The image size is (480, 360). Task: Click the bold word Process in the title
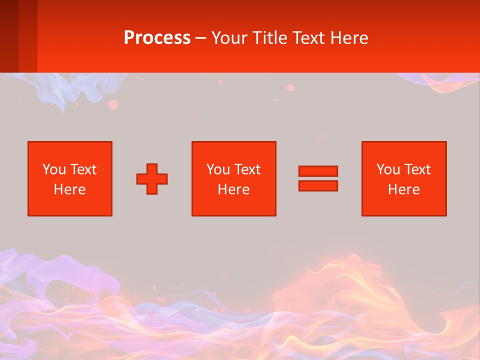point(157,38)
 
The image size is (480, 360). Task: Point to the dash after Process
point(200,38)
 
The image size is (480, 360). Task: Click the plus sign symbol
point(152,179)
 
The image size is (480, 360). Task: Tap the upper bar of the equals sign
point(318,171)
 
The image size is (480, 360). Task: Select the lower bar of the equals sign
point(318,185)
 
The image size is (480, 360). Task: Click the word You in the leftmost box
point(54,169)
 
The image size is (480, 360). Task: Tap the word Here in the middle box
point(234,189)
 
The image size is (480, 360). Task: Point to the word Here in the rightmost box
point(404,189)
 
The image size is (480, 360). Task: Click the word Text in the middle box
point(246,169)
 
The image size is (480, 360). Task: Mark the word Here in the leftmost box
point(70,189)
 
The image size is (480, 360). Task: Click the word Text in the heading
point(305,38)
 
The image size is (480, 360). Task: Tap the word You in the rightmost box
point(388,169)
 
